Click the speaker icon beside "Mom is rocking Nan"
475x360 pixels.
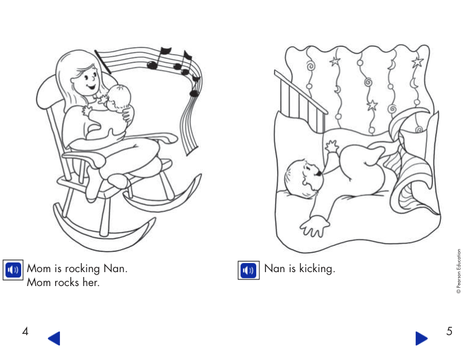point(13,270)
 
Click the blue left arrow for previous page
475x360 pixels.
point(54,338)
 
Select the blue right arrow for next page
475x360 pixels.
point(422,338)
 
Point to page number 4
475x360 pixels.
point(25,332)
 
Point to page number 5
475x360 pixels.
point(449,332)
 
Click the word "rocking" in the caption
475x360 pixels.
point(81,268)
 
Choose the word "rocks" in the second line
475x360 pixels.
point(67,283)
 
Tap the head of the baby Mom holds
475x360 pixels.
point(121,96)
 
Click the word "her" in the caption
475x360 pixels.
point(91,283)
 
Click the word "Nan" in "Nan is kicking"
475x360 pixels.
point(274,268)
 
